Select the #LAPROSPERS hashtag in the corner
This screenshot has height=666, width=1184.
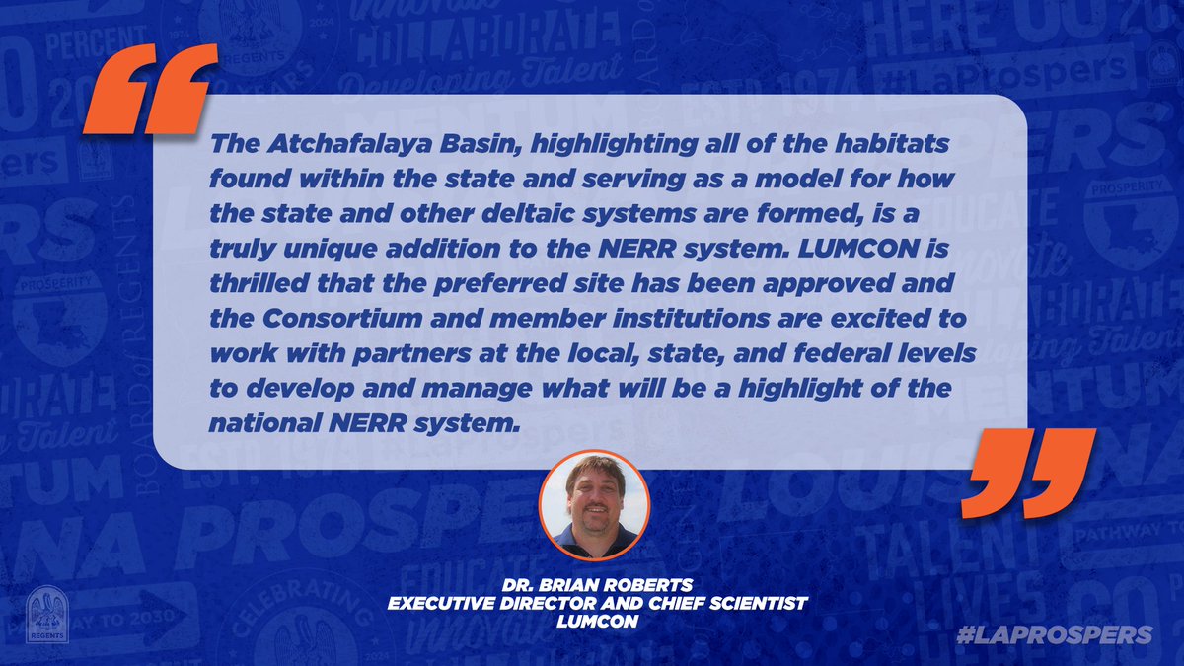pyautogui.click(x=1055, y=634)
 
